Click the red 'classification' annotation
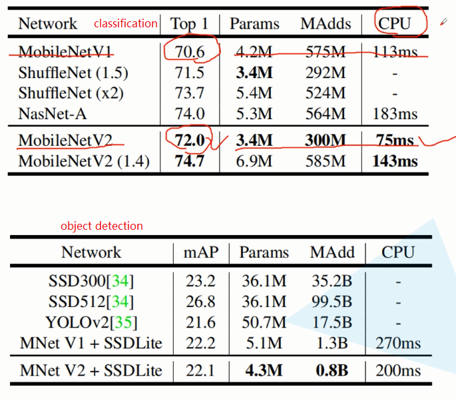(x=125, y=23)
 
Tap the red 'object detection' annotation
(x=101, y=226)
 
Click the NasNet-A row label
(x=52, y=114)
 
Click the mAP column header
(x=200, y=252)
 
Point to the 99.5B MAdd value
(x=332, y=302)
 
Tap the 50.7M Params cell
(x=264, y=323)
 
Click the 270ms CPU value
(x=397, y=344)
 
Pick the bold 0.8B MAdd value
(x=332, y=370)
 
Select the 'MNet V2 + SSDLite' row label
(x=91, y=370)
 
